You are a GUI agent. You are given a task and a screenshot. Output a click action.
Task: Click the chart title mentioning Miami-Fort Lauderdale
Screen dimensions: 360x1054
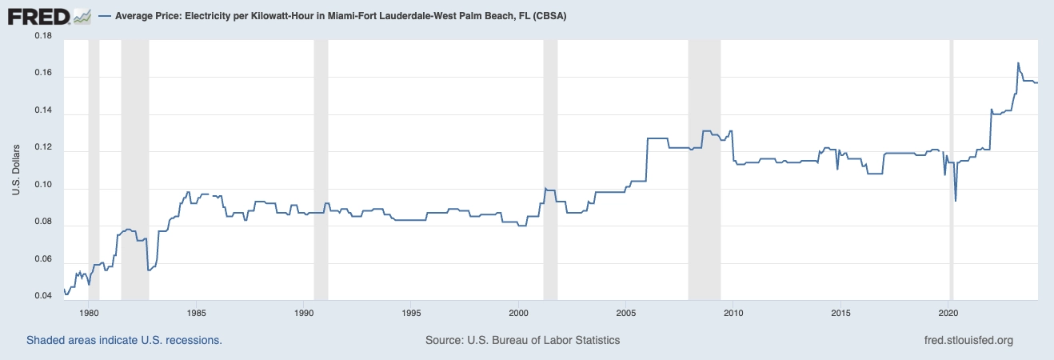(341, 16)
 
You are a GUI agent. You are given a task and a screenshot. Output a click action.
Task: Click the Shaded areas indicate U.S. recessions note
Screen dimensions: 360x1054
(124, 340)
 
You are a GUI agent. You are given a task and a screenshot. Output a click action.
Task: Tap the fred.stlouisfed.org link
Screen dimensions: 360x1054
(968, 340)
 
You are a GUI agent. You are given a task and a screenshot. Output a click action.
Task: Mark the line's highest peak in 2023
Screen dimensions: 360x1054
(1018, 62)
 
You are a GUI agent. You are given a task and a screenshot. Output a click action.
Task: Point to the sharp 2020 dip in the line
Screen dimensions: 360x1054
(956, 200)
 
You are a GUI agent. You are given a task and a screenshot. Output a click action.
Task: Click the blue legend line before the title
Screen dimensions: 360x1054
(106, 16)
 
